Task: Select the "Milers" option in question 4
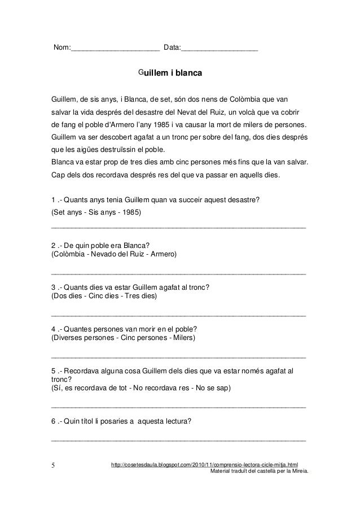(x=181, y=338)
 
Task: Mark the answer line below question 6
(x=178, y=438)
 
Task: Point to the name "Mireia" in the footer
(x=297, y=472)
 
